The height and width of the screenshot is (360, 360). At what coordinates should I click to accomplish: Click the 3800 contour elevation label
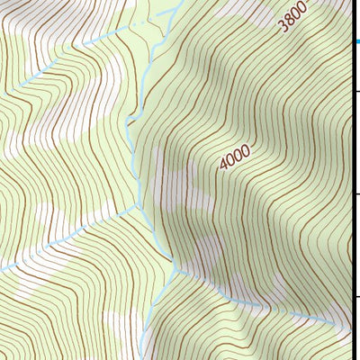(293, 16)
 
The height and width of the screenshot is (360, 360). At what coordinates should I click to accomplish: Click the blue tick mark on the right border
(356, 41)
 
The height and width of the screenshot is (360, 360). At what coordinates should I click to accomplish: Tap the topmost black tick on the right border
(356, 91)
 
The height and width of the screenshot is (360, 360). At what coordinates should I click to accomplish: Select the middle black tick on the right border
(356, 193)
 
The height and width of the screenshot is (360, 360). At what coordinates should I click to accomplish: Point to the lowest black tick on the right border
(356, 296)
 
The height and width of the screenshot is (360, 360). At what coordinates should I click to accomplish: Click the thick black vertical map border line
(352, 180)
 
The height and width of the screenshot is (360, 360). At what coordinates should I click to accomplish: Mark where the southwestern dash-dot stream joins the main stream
(141, 206)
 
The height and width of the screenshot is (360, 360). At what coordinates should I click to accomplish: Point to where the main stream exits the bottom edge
(142, 358)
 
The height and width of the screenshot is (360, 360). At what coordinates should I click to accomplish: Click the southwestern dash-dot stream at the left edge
(2, 269)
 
